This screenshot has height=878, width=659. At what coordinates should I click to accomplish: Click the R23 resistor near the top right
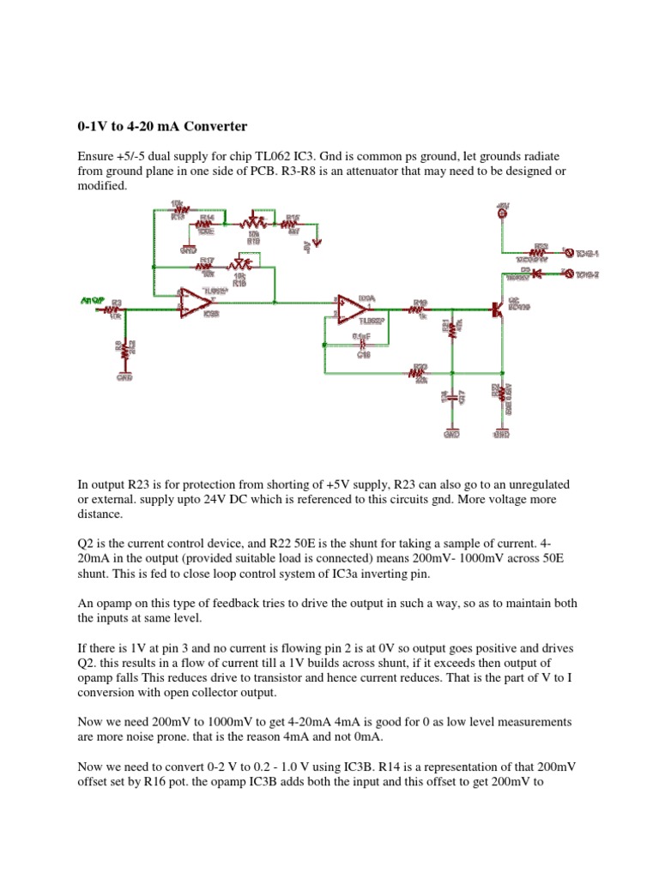[541, 251]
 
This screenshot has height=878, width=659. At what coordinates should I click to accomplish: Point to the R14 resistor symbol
[206, 224]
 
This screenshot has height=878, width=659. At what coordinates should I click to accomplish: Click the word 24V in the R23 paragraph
[226, 500]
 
